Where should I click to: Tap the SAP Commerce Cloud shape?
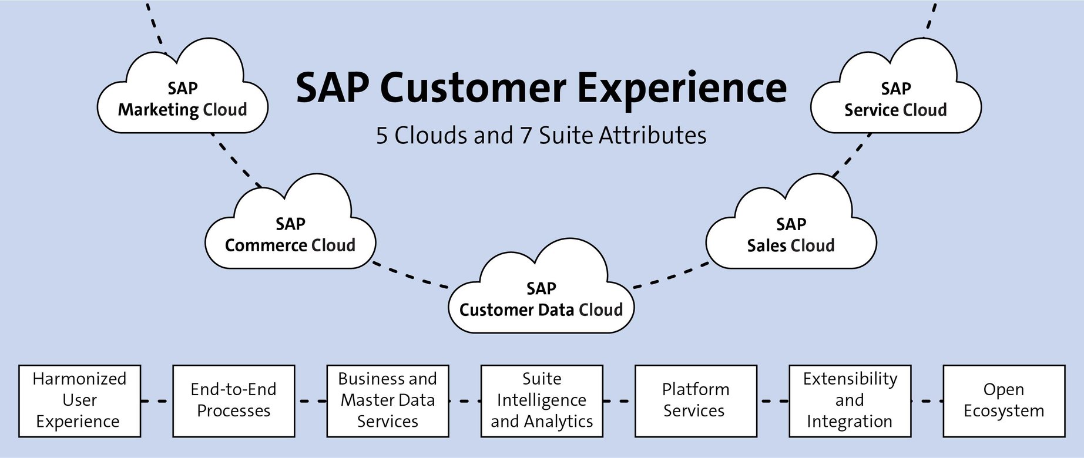tap(290, 234)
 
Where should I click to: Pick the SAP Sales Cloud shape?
tap(791, 234)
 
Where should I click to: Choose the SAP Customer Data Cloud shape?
tap(541, 299)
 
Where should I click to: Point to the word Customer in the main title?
tap(473, 88)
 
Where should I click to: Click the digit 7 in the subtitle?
tap(526, 136)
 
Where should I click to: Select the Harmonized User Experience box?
tap(79, 400)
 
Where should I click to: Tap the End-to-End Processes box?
tap(233, 400)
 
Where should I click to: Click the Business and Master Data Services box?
tap(387, 400)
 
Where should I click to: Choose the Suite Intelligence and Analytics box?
tap(541, 400)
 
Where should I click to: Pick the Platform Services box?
tap(696, 400)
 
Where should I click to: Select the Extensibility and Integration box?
tap(850, 400)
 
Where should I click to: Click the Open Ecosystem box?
tap(1004, 400)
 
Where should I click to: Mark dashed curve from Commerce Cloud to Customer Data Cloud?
tap(411, 277)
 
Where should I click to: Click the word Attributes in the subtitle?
tap(652, 136)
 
